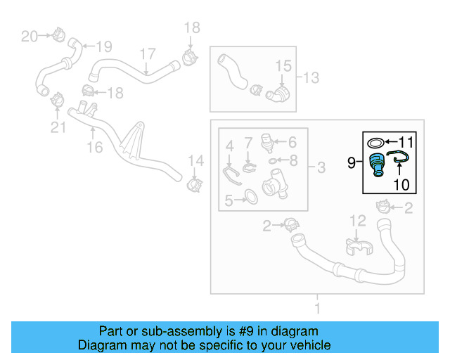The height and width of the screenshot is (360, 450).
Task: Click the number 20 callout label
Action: [x=29, y=36]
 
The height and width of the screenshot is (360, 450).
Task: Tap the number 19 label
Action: [x=103, y=47]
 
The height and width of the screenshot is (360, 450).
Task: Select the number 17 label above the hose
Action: [x=147, y=54]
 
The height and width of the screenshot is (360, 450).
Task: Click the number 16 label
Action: [x=94, y=147]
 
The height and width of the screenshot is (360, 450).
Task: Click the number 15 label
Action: [x=282, y=66]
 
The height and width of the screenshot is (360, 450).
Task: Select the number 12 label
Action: [x=358, y=221]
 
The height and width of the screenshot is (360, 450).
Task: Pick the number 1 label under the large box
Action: [x=317, y=308]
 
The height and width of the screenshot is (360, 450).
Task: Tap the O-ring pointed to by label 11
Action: [x=377, y=143]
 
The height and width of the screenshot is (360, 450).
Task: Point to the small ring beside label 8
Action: [x=273, y=160]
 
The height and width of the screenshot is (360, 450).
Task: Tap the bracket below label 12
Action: [x=358, y=247]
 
